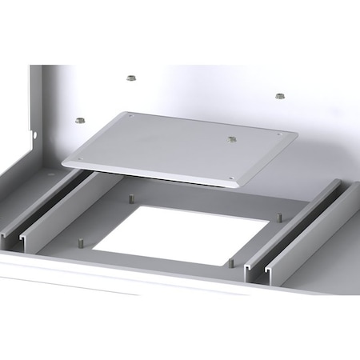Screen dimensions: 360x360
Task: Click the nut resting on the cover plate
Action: (x=232, y=140)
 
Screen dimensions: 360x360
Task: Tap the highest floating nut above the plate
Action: (x=130, y=78)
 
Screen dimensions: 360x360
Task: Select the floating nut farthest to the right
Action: (x=280, y=96)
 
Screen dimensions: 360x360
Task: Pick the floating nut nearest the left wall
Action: (x=79, y=120)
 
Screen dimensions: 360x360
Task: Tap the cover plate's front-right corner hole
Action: (x=232, y=178)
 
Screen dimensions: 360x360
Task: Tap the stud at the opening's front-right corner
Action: (x=230, y=262)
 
